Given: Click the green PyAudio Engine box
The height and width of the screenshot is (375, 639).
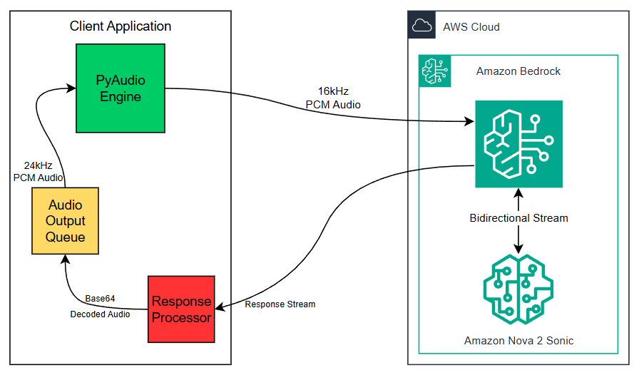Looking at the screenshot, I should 121,88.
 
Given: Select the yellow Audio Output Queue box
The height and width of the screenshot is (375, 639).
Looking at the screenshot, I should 66,221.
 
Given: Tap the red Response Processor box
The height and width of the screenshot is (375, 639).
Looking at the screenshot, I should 181,309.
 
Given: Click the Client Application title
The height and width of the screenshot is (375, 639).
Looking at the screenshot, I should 121,26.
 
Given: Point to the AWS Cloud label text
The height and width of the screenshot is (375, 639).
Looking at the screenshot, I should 471,27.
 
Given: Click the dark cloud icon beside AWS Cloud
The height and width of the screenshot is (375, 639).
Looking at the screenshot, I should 422,26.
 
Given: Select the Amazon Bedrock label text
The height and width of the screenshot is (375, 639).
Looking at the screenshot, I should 518,71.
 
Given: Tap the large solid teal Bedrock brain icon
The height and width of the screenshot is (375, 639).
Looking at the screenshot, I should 518,144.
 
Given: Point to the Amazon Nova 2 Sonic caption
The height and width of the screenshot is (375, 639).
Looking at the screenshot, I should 518,341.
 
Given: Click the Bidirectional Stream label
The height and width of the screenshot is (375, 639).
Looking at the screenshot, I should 518,217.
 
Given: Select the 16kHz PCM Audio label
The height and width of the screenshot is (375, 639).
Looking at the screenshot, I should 333,98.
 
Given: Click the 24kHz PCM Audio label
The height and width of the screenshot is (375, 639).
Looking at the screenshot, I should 38,171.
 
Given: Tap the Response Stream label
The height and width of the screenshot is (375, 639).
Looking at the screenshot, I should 280,304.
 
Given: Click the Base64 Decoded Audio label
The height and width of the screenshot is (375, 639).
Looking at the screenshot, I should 100,306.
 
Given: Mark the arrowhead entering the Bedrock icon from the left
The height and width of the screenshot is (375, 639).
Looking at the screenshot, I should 470,122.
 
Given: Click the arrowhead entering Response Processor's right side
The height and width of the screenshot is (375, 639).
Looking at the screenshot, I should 220,308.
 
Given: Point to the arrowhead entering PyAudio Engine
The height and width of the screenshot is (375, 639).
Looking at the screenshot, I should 71,88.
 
